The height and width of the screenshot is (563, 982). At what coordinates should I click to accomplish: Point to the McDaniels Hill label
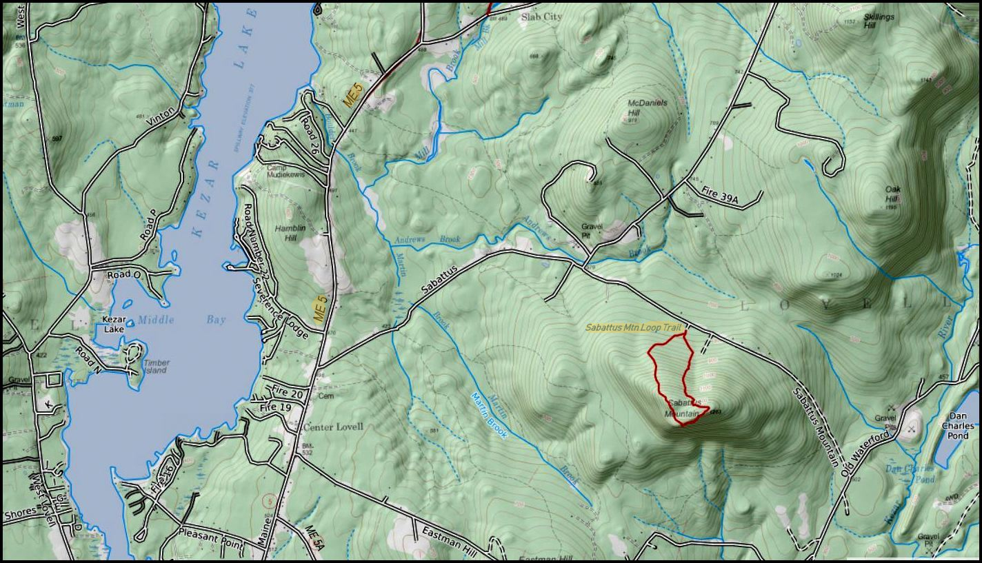(648, 108)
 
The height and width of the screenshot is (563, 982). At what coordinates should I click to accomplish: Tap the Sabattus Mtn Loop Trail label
(633, 327)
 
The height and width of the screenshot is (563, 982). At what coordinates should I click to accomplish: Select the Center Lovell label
(333, 427)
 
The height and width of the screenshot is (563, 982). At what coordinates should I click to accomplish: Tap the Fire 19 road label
(277, 407)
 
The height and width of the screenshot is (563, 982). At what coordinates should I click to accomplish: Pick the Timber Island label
(155, 367)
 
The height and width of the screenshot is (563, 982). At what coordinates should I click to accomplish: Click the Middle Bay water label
(181, 320)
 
